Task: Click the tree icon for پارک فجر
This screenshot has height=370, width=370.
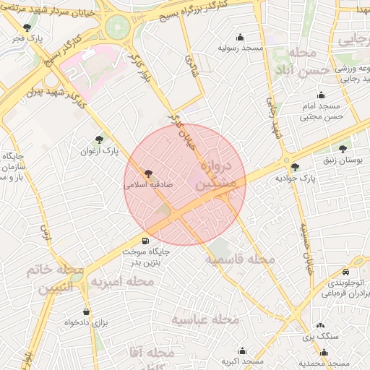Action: (27, 27)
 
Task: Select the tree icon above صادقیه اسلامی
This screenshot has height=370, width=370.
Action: (149, 173)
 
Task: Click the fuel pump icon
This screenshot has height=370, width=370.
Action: (146, 241)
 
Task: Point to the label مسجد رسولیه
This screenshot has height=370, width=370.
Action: (240, 48)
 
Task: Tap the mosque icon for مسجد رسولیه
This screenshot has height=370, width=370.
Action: (240, 38)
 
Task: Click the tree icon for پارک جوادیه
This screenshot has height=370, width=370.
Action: (293, 167)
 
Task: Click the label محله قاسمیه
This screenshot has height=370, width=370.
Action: (240, 259)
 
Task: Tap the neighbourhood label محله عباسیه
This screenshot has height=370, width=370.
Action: (205, 319)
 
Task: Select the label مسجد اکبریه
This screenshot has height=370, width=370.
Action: (240, 361)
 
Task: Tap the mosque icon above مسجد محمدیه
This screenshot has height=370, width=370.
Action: (323, 353)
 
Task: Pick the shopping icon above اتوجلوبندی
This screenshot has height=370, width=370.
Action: (340, 268)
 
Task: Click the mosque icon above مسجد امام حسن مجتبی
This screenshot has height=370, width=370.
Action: (321, 95)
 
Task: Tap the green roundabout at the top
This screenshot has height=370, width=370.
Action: (117, 27)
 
